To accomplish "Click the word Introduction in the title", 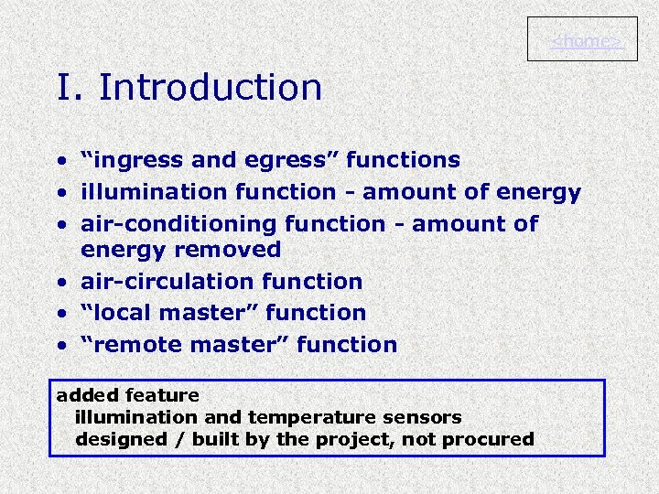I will (210, 88).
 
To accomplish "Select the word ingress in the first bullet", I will (136, 160).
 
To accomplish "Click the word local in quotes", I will (120, 312).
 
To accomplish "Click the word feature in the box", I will (162, 395).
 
